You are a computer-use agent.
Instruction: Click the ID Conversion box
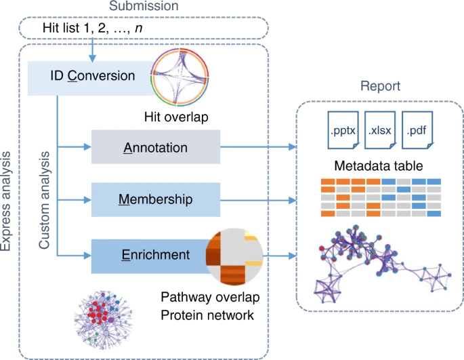pos(89,78)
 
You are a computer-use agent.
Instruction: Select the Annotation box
pos(156,147)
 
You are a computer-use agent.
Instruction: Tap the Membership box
pos(156,200)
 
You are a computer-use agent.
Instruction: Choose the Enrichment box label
pos(156,255)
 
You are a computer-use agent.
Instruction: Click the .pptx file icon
pos(343,130)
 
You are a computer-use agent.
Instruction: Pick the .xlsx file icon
pos(380,130)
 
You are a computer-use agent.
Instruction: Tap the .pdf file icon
pos(417,130)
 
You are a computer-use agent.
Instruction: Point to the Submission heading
pos(144,5)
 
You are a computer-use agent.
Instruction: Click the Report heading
pos(380,86)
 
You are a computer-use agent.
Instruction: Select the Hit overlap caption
pos(176,117)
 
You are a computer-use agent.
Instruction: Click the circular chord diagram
pos(180,77)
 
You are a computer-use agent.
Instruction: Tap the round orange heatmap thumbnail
pos(234,256)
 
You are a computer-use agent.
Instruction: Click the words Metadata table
pos(379,165)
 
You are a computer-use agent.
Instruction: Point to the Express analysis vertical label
pos(5,201)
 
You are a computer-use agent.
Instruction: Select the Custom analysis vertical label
pos(44,200)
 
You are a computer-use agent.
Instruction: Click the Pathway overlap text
pos(210,297)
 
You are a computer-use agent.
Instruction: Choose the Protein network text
pos(207,315)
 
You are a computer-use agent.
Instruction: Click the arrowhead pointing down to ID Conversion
pos(92,58)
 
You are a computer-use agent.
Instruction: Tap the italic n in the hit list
pos(138,28)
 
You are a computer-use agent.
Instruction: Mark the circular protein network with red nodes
pos(103,320)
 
